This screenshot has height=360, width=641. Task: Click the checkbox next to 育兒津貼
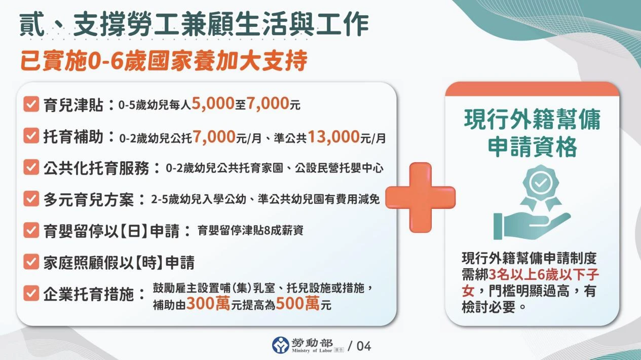coord(31,105)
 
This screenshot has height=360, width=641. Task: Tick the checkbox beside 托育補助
coord(31,136)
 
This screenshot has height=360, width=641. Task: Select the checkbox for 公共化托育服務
coord(31,168)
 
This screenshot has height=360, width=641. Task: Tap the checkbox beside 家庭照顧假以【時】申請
coord(31,262)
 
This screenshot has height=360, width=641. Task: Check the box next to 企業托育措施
coord(31,293)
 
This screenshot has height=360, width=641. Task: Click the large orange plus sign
coord(421,197)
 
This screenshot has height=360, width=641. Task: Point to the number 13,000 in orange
coord(333,136)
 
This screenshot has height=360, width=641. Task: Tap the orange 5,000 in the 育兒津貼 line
coord(212,105)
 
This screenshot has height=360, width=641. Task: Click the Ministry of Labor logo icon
coord(281,345)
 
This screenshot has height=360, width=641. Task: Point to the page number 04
coord(364,346)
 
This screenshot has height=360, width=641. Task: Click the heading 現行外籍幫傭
coord(532,120)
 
